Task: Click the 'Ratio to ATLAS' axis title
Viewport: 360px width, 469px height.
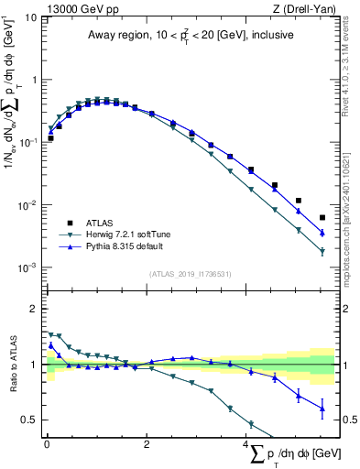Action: tap(11, 365)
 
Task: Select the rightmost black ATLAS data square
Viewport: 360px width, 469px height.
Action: tap(322, 218)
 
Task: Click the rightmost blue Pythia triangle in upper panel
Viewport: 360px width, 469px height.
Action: tap(322, 233)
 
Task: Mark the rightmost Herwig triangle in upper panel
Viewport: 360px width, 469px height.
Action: tap(322, 251)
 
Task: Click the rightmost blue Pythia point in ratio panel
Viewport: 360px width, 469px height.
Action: tap(322, 409)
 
